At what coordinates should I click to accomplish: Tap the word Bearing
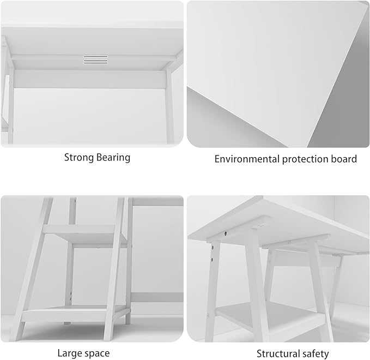(113, 158)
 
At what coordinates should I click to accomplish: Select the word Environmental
(247, 159)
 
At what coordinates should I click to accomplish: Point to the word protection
(305, 159)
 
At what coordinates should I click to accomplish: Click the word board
(344, 159)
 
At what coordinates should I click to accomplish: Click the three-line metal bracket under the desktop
(95, 60)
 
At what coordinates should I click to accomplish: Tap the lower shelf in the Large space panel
(76, 314)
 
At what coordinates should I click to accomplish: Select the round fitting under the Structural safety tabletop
(260, 224)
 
